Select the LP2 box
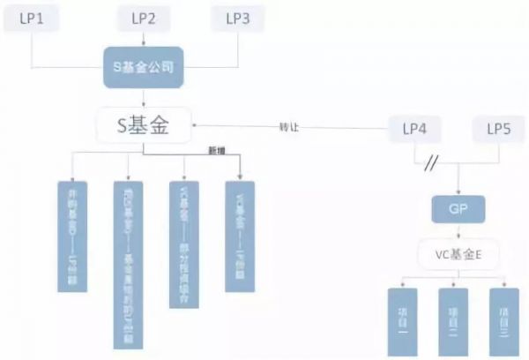pos(144,19)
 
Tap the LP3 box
pos(239,19)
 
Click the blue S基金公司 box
pos(144,68)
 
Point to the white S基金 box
pos(144,129)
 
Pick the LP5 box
pos(499,130)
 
